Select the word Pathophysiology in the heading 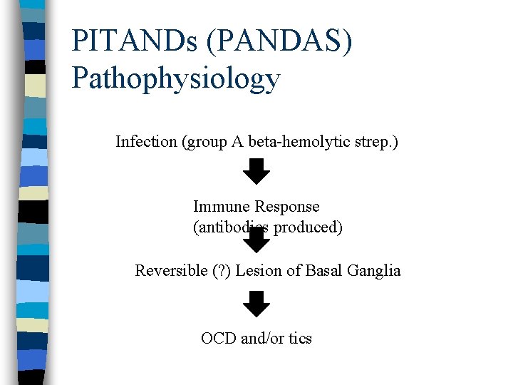pos(176,78)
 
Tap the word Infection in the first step pos(146,142)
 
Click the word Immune pos(222,207)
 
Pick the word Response pos(287,207)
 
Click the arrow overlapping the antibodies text pos(256,240)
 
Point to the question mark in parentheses pos(219,271)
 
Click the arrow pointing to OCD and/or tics pos(256,304)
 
